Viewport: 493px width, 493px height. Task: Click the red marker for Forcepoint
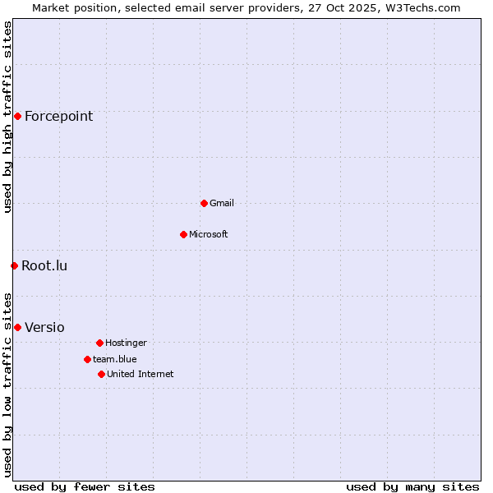(x=17, y=116)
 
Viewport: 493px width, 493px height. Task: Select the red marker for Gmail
(x=204, y=203)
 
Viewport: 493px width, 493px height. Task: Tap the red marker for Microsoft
(x=183, y=234)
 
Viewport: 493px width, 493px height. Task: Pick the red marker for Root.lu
(x=14, y=265)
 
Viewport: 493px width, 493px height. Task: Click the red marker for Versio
(x=17, y=327)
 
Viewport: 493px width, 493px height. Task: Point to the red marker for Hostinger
(x=99, y=343)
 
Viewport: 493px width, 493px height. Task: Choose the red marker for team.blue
(x=87, y=359)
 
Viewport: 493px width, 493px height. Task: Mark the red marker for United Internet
(x=101, y=374)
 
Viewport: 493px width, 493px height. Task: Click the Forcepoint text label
(x=58, y=116)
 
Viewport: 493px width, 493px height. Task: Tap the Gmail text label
(x=222, y=203)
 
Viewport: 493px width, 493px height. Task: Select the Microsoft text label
(x=209, y=234)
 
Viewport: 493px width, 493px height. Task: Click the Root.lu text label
(x=44, y=265)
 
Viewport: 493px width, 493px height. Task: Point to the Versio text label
(x=44, y=327)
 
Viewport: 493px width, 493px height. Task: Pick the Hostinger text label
(x=126, y=343)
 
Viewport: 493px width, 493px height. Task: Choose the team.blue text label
(x=115, y=359)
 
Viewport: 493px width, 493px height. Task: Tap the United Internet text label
(x=141, y=374)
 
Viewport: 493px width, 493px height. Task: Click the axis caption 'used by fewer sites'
(x=85, y=486)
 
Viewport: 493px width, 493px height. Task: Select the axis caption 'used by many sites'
(x=412, y=486)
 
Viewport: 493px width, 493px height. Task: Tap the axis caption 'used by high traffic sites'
(x=7, y=117)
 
